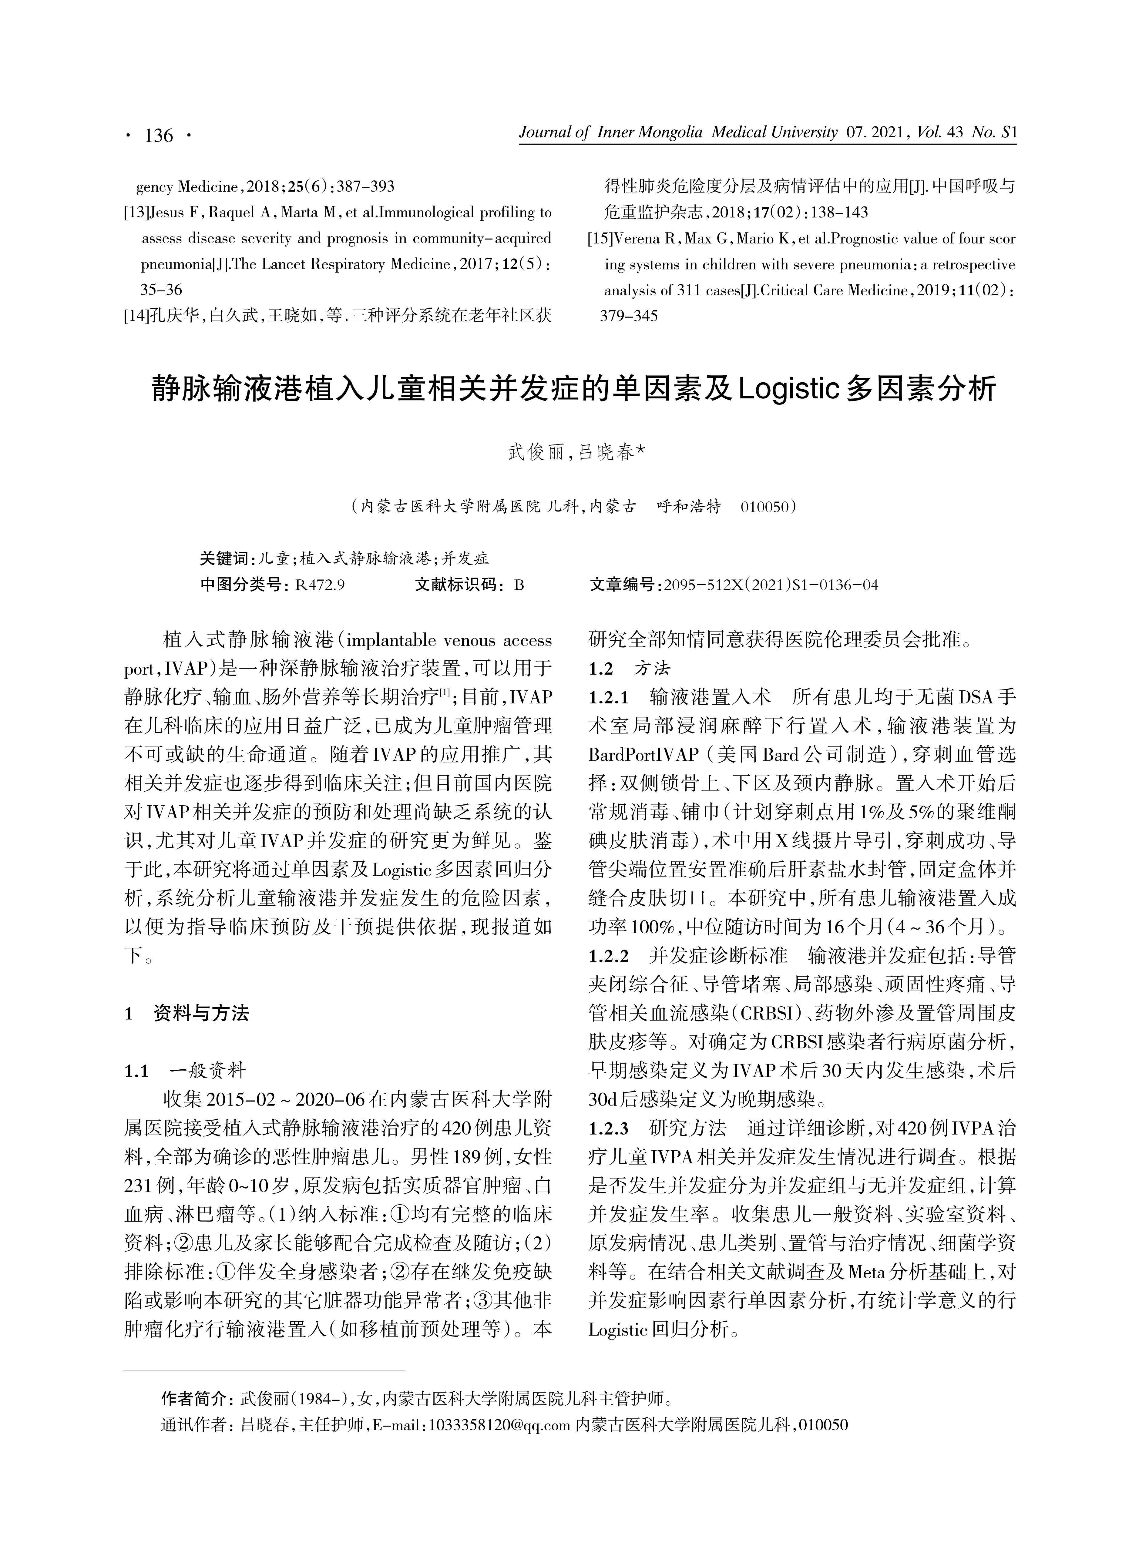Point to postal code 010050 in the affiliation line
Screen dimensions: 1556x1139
764,507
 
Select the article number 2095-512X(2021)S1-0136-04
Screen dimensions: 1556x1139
770,585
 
